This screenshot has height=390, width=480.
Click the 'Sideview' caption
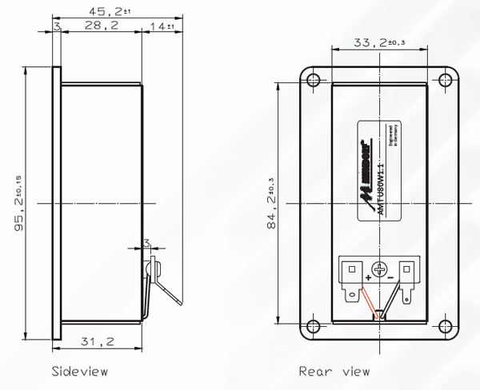[78, 372]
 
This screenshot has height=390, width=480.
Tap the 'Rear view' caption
[334, 372]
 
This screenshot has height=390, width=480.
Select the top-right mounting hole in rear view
[445, 79]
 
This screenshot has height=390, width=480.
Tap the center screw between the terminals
[380, 270]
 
